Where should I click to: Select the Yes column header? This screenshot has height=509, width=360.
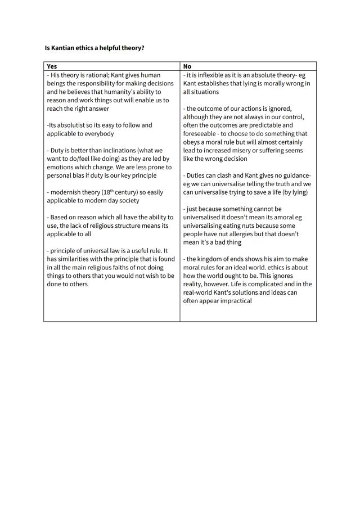[x=52, y=66]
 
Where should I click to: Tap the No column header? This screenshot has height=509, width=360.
[x=187, y=66]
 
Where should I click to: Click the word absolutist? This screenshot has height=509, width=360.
[x=70, y=125]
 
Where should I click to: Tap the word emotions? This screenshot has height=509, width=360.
[x=62, y=167]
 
